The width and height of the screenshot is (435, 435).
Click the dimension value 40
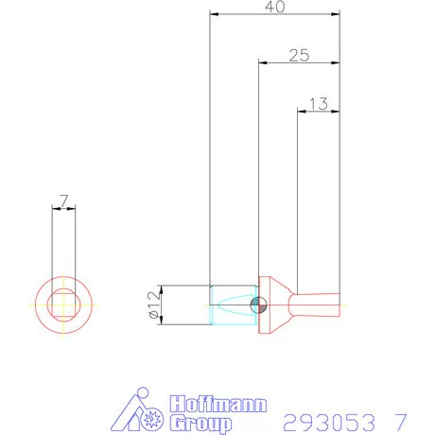coord(275,7)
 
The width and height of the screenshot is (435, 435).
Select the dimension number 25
coord(299,55)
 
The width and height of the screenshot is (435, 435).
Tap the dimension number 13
coord(319,103)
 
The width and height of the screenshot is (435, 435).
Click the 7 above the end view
coord(63,200)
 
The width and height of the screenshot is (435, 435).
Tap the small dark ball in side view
coord(259,304)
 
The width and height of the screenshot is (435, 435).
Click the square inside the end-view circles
coord(63,304)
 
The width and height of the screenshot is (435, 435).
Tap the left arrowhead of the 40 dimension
coord(214,14)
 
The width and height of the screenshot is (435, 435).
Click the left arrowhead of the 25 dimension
coord(263,62)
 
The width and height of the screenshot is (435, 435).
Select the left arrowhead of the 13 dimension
coord(301,111)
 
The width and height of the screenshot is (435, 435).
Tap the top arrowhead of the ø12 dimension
coord(164,288)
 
